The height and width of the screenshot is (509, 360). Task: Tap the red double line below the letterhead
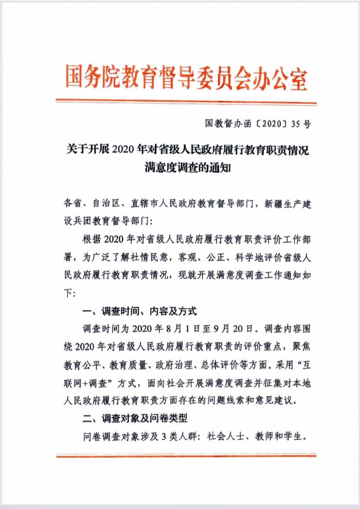pos(186,102)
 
